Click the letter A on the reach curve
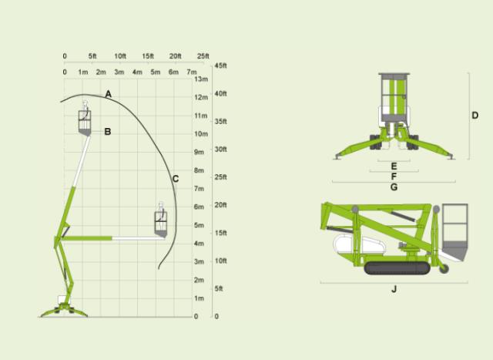(109, 94)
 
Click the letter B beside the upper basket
(108, 131)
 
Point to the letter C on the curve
(176, 179)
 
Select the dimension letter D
(475, 115)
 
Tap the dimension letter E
(394, 167)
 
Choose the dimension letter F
(394, 177)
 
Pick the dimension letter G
(394, 187)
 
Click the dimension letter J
(394, 289)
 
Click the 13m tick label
(201, 79)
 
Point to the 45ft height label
(220, 66)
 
